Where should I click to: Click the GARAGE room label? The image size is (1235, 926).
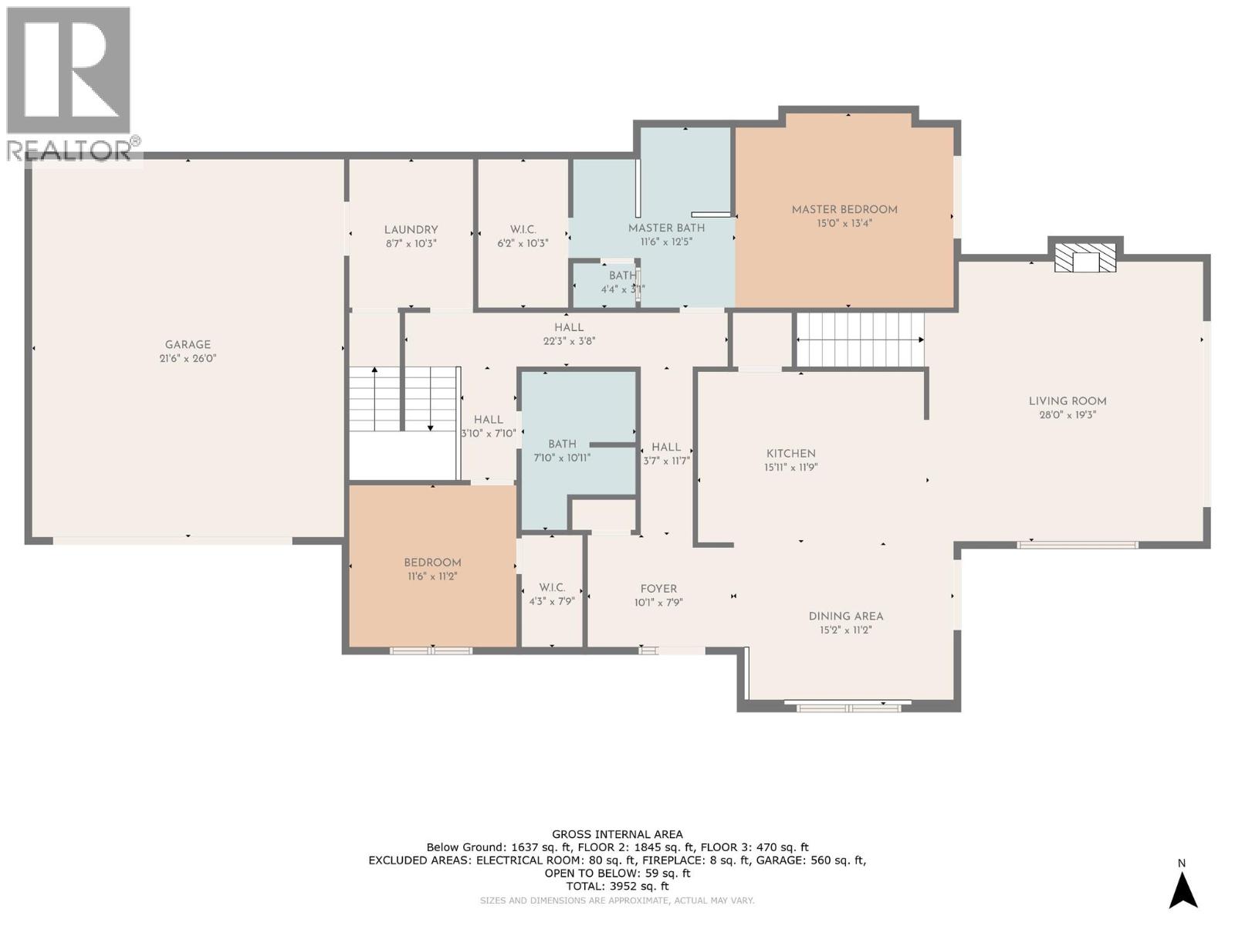point(188,345)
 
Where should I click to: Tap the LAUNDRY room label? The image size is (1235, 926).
point(411,230)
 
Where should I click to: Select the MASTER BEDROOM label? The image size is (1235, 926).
point(844,210)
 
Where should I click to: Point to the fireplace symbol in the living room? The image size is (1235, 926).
point(1085,259)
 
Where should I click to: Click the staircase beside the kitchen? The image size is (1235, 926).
point(860,340)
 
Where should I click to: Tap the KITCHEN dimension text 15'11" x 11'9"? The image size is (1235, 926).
point(790,468)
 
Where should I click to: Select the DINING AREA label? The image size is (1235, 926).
point(846,617)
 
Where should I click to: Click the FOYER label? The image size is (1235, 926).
point(658,589)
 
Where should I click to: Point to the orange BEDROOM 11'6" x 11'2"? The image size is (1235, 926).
point(432,569)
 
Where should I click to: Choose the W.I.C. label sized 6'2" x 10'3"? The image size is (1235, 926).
point(523,230)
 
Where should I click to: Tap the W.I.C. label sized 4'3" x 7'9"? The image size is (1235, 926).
point(552,588)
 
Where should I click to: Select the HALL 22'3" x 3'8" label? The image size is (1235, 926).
point(569,328)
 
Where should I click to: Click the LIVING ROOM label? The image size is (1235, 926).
point(1068,401)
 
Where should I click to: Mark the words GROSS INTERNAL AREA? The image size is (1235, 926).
point(617,834)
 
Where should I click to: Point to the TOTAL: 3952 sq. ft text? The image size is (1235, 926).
point(617,887)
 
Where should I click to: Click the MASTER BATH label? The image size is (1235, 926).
point(666,228)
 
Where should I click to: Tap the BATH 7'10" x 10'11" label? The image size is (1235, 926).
point(562,444)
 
